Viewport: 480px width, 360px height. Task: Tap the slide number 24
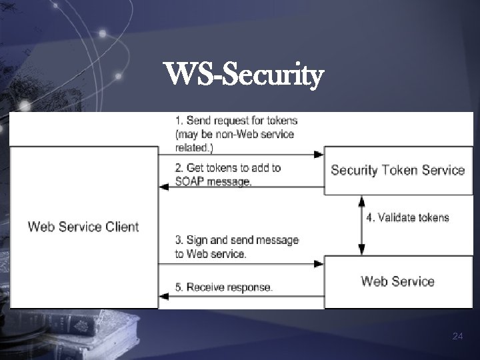coord(457,337)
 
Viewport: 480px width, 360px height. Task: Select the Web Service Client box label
coord(83,227)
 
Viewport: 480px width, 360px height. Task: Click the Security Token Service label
coord(397,170)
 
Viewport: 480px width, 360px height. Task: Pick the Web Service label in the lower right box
coord(397,281)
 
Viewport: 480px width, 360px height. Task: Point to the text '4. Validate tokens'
coord(408,217)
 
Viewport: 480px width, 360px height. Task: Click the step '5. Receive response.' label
coord(224,287)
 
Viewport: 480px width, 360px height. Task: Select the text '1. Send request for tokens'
coord(236,121)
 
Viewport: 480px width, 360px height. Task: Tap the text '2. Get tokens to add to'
coord(227,168)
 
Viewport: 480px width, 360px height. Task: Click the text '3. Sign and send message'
coord(237,240)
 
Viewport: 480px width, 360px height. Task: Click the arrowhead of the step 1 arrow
coord(319,155)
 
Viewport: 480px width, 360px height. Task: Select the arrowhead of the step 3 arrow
coord(319,265)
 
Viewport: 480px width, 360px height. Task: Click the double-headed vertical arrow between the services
coord(361,225)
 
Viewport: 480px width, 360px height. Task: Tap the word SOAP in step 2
coord(191,181)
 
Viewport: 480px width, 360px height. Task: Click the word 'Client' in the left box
coord(122,227)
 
